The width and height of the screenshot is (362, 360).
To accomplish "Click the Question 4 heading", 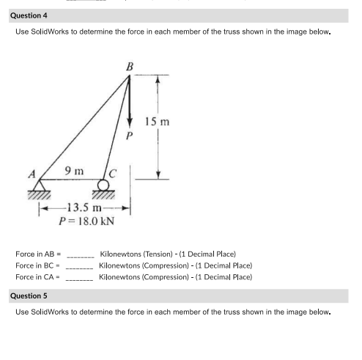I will point(31,15).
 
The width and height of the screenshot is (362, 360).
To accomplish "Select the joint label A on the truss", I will point(32,174).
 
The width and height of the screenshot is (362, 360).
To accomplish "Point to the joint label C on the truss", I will point(112,174).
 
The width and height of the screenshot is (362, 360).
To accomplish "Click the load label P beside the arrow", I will point(129,136).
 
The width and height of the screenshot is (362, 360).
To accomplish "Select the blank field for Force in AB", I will point(80,256).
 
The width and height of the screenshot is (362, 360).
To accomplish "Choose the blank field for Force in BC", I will point(79,267).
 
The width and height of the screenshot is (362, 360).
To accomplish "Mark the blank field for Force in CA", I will point(79,279).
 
